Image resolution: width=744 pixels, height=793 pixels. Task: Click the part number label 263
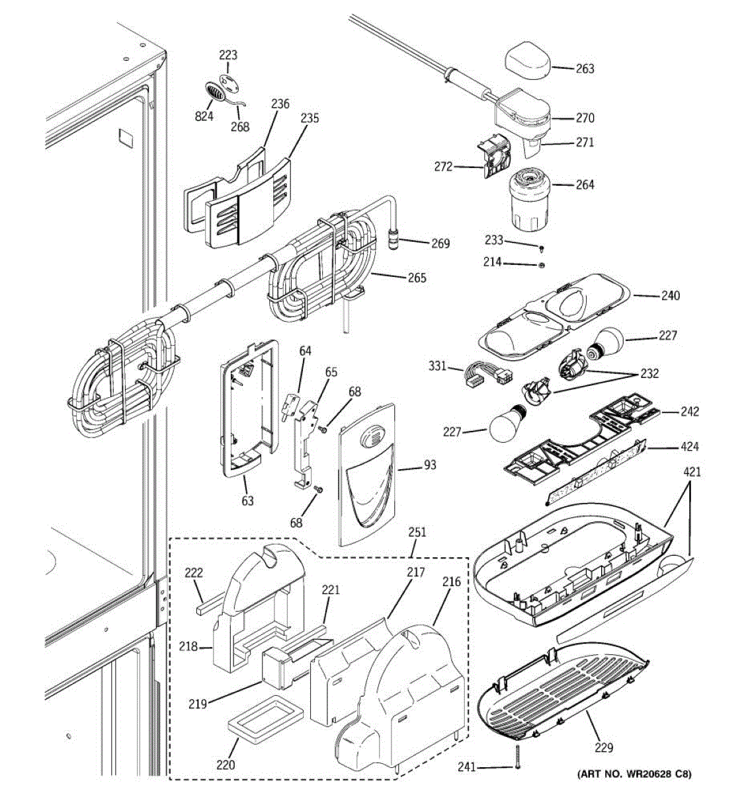click(x=585, y=69)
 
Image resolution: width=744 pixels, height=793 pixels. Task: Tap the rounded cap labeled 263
click(x=528, y=63)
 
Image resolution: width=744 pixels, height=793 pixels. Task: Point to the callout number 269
click(x=440, y=244)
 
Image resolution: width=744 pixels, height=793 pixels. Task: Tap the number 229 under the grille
click(x=603, y=748)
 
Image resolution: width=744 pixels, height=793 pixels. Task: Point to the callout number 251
click(x=417, y=532)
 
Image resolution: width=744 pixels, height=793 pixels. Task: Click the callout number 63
click(x=247, y=501)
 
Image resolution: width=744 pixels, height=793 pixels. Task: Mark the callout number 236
click(x=280, y=104)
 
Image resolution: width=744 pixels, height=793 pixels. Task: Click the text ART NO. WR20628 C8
click(x=635, y=774)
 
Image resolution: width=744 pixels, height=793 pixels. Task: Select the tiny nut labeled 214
click(x=540, y=265)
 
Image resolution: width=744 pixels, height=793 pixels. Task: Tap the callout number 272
click(x=443, y=167)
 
